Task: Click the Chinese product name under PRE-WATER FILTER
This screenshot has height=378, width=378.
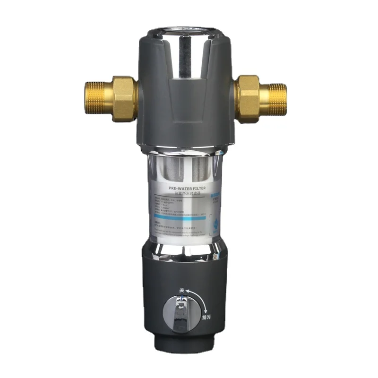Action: [189, 193]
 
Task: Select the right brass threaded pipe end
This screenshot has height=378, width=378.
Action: [276, 99]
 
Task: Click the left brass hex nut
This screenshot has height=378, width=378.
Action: [122, 99]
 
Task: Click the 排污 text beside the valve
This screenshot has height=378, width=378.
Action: [206, 317]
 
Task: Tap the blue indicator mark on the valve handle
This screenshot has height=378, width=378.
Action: [181, 299]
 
